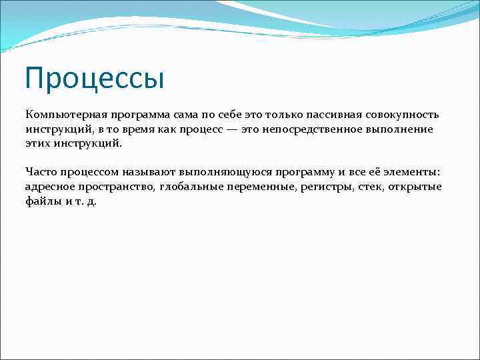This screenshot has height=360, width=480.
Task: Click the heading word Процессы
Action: [94, 78]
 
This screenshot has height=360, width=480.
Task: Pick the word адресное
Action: [49, 187]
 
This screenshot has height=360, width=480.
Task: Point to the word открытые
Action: [417, 187]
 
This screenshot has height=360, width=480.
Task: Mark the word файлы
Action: [41, 201]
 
